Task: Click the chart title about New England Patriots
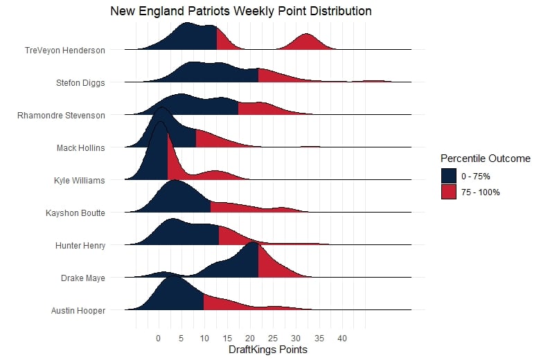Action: coord(241,12)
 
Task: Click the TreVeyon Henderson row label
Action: coord(64,50)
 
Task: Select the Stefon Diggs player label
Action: coord(80,82)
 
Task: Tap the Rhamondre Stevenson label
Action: coord(62,115)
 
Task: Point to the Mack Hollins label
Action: coord(81,147)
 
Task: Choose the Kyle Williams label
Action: coord(80,180)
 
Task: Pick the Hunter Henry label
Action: coord(80,245)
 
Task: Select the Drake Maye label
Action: coord(82,278)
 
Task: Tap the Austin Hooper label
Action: coord(78,310)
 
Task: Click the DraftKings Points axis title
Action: coord(267,350)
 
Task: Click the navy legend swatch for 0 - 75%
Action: coord(448,176)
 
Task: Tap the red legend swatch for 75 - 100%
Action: coord(448,192)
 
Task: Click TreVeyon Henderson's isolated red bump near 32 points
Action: coord(306,43)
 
